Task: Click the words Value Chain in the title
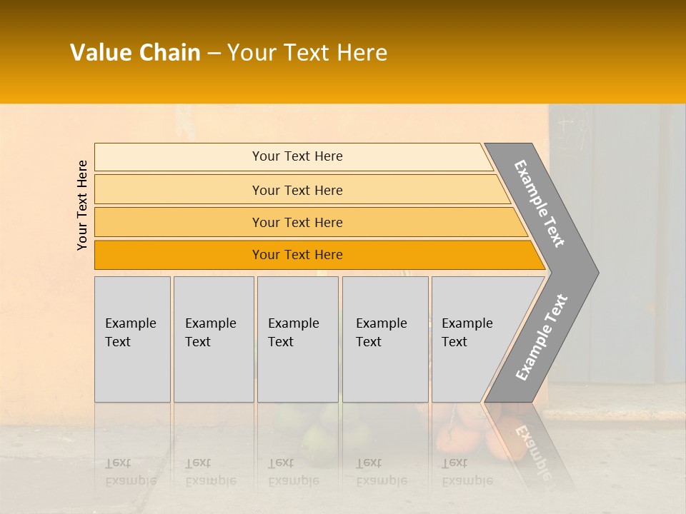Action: tap(135, 53)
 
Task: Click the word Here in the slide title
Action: tap(362, 53)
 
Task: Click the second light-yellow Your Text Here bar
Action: tap(297, 190)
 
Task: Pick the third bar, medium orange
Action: tap(297, 222)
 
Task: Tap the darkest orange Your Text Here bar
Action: tap(297, 255)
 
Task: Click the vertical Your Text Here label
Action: tap(82, 205)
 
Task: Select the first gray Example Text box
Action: tap(132, 339)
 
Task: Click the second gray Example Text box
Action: tap(214, 339)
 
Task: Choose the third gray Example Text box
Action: tap(297, 339)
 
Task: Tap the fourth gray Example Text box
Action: tap(385, 339)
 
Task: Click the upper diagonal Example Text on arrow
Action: tap(540, 203)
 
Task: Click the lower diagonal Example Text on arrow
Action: tap(542, 338)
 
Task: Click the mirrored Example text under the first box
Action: tap(131, 480)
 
